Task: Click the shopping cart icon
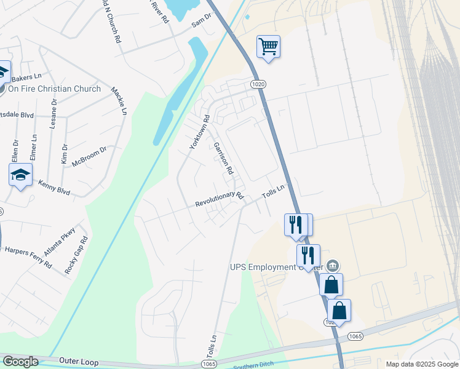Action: pyautogui.click(x=268, y=46)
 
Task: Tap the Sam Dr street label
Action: pyautogui.click(x=200, y=22)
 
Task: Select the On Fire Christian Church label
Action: pyautogui.click(x=54, y=89)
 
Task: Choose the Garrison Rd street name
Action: pyautogui.click(x=223, y=159)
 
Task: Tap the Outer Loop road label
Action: pyautogui.click(x=79, y=362)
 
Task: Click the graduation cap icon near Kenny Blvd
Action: pyautogui.click(x=20, y=175)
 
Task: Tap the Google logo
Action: pyautogui.click(x=20, y=362)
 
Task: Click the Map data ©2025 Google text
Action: pyautogui.click(x=422, y=364)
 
